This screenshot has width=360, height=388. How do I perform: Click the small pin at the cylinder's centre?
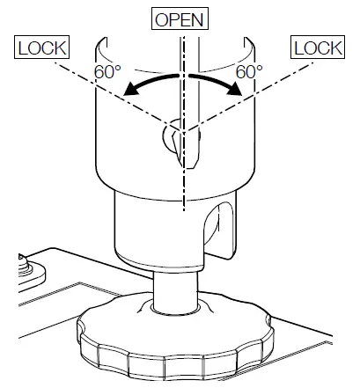click(173, 137)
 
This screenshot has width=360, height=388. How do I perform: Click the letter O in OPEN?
click(161, 18)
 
